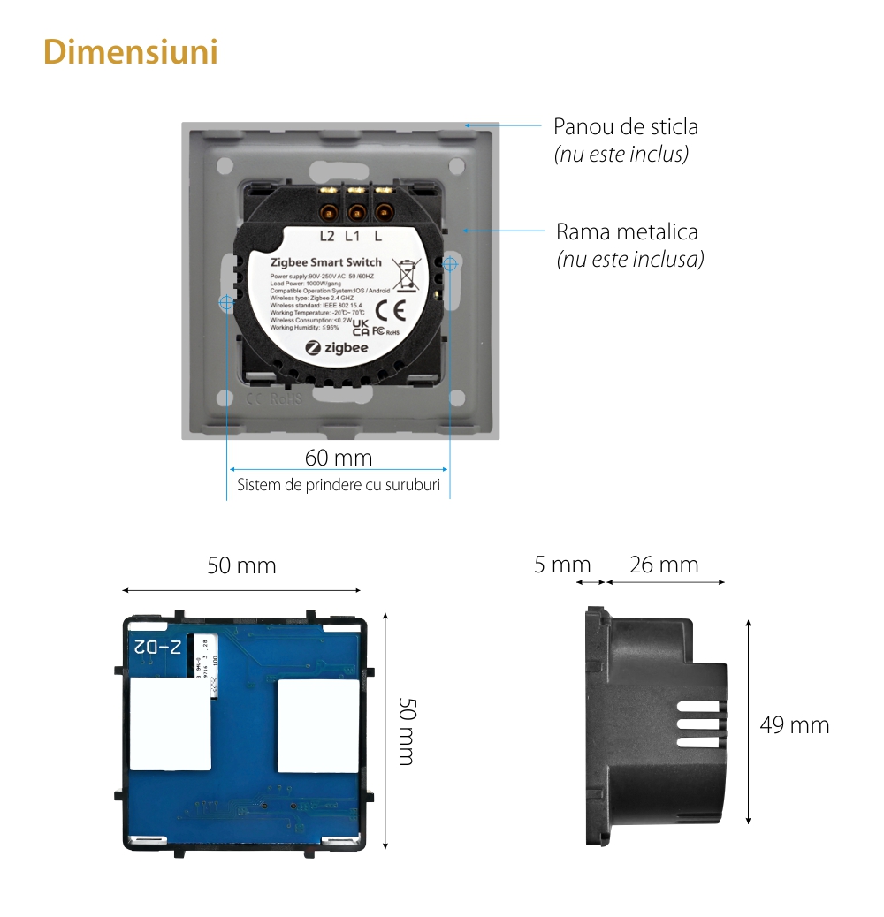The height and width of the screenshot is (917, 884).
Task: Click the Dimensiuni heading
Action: [131, 52]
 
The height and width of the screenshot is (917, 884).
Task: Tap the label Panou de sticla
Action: [625, 126]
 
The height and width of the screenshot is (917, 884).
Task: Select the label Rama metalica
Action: [627, 232]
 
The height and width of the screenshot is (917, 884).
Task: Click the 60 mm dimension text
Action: [338, 458]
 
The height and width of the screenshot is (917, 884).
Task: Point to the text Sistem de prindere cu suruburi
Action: [339, 485]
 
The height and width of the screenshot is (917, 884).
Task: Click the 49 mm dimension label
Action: [794, 725]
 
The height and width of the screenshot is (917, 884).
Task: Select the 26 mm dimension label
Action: [664, 565]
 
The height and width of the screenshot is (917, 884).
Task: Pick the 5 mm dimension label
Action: [561, 565]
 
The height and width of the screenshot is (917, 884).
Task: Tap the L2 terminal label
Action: [327, 236]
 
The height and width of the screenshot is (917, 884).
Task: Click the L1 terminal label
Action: [353, 236]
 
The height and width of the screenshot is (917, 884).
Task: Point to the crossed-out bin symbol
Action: [406, 274]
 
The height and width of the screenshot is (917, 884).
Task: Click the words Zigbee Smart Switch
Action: [325, 262]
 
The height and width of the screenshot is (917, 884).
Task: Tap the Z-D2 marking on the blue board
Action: [157, 647]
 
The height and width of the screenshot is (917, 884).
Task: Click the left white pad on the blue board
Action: [171, 724]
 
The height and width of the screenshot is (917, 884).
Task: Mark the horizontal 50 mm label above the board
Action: [241, 565]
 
